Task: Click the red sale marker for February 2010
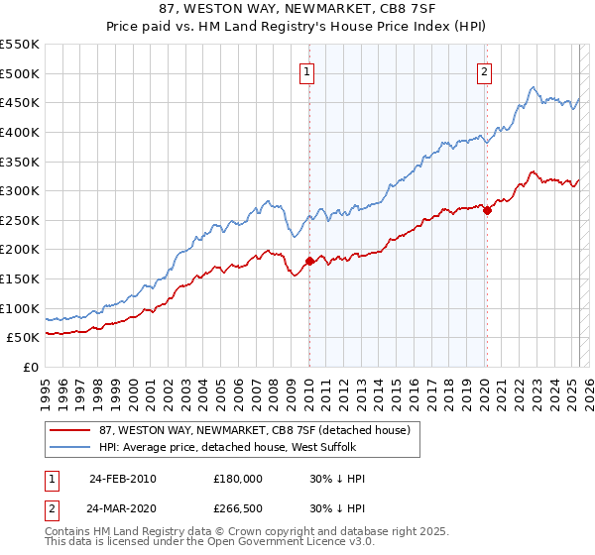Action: pos(309,261)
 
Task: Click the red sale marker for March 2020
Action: pos(487,210)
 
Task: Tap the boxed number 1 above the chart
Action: pos(308,72)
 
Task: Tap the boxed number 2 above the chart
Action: pos(485,72)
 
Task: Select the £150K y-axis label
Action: pos(21,278)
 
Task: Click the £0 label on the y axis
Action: pos(32,367)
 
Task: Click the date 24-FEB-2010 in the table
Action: pos(122,478)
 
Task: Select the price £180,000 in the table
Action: pos(238,478)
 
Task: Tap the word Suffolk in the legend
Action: pos(350,447)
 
